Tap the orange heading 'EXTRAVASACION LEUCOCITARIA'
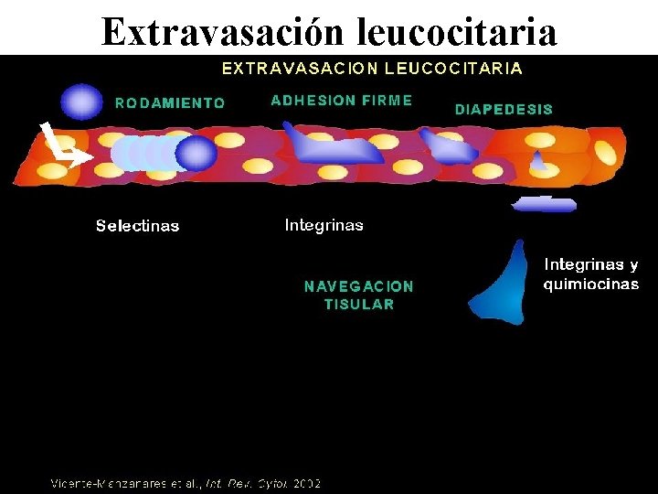[x=373, y=68]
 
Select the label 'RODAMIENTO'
[x=170, y=103]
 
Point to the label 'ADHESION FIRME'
[x=342, y=101]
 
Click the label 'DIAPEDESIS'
[x=504, y=109]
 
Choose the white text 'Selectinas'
[x=138, y=226]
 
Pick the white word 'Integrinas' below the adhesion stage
[x=324, y=225]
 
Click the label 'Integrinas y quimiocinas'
[x=591, y=274]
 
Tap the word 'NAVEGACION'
[x=358, y=286]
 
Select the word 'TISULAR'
[x=358, y=305]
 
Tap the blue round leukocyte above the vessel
[x=82, y=102]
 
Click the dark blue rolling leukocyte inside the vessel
[x=196, y=153]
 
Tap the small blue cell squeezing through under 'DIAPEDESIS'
[x=539, y=162]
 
